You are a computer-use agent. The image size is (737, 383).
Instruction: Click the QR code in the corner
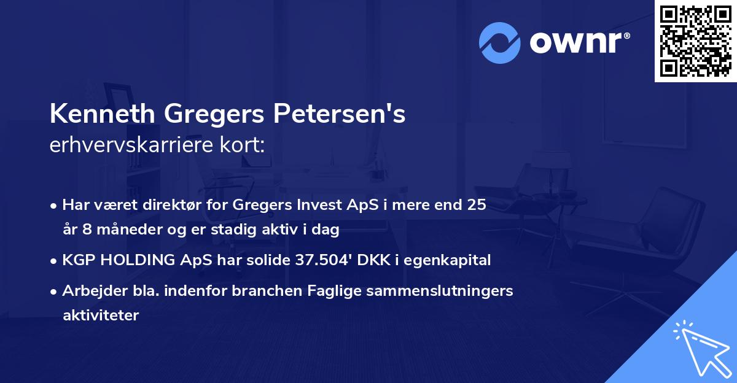(695, 41)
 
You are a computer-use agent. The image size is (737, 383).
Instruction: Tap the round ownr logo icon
(499, 42)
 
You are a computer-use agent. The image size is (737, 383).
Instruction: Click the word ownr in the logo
(579, 43)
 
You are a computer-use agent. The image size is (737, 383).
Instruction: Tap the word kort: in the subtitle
(245, 146)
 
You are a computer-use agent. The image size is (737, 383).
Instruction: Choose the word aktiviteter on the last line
(101, 315)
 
